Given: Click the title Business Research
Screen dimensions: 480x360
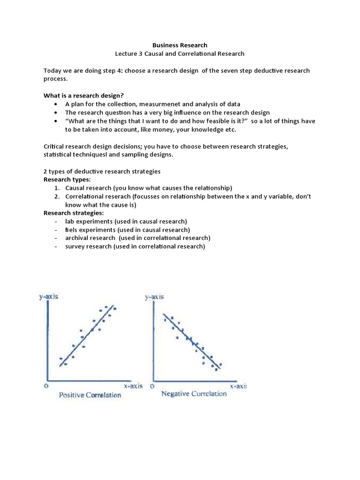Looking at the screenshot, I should pos(180,45).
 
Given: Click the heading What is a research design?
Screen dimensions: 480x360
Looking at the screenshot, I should pos(83,96).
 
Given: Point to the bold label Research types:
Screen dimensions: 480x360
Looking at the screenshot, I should pos(67,179).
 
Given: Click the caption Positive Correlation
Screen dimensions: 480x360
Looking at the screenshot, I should pos(90,395).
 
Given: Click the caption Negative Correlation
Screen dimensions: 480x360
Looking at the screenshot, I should pos(194,394).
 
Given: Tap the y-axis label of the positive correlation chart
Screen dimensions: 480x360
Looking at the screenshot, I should pos(49,297).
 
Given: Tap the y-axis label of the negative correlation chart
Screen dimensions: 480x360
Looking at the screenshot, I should pos(154,297).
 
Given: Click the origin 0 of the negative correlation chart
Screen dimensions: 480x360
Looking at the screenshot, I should pos(151,386).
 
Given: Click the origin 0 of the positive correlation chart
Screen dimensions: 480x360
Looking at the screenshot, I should pos(46,386).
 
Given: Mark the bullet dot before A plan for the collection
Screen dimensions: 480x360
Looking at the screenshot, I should pos(56,105).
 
